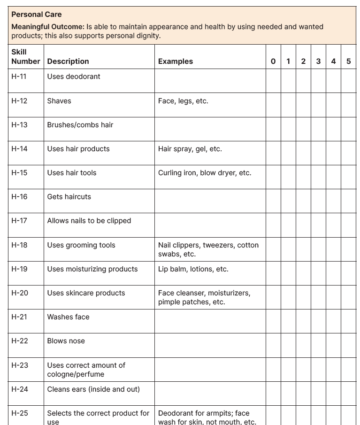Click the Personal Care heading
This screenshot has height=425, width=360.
click(x=37, y=15)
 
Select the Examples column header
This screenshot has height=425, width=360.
click(x=175, y=62)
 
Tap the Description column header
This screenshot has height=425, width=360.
click(x=68, y=62)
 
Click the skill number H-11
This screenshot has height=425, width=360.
click(x=19, y=77)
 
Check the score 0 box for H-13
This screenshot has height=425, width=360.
click(x=273, y=129)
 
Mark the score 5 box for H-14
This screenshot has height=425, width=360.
click(x=348, y=153)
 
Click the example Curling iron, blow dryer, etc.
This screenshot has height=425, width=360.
click(x=205, y=173)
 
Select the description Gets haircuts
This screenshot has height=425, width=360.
click(x=69, y=197)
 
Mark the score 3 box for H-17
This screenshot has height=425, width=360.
click(x=318, y=225)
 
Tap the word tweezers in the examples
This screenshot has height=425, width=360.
click(x=218, y=245)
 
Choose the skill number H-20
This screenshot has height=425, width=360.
click(x=20, y=293)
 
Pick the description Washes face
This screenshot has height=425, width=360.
click(x=68, y=317)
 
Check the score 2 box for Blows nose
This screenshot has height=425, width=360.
click(x=303, y=345)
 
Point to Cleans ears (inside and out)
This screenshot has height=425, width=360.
click(x=93, y=389)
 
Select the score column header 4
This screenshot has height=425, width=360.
click(x=333, y=62)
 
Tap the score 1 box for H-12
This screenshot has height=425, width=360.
click(x=288, y=105)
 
